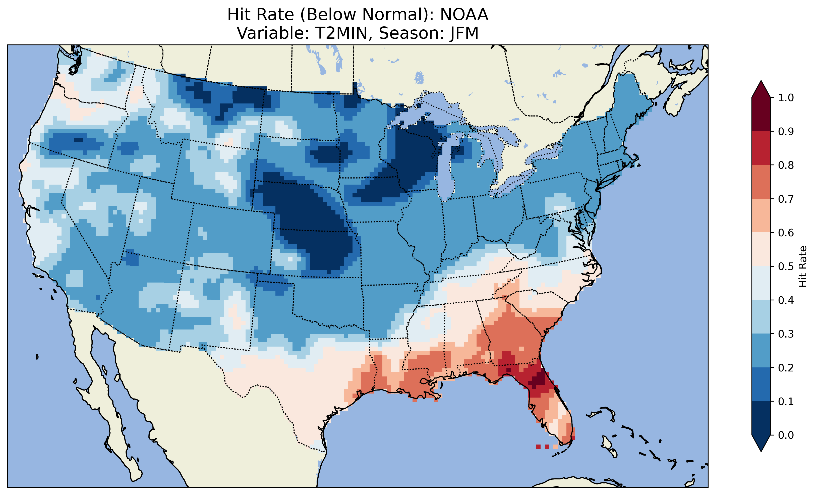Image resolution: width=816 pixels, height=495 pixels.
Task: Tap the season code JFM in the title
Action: coord(464,33)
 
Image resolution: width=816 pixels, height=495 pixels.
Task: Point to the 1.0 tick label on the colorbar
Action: coord(786,98)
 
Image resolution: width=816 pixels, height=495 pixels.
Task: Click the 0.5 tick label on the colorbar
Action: coord(786,266)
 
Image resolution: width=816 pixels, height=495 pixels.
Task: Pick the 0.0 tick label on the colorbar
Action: coord(786,435)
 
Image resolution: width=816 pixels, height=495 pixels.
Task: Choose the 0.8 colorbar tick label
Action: coord(786,165)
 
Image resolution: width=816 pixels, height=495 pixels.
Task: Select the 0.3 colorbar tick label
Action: coord(786,334)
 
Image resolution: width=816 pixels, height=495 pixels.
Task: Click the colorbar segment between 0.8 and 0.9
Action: coord(761,148)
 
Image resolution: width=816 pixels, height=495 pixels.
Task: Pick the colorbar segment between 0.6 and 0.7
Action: coord(761,215)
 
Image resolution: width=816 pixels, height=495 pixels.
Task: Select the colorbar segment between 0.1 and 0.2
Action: coord(761,384)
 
